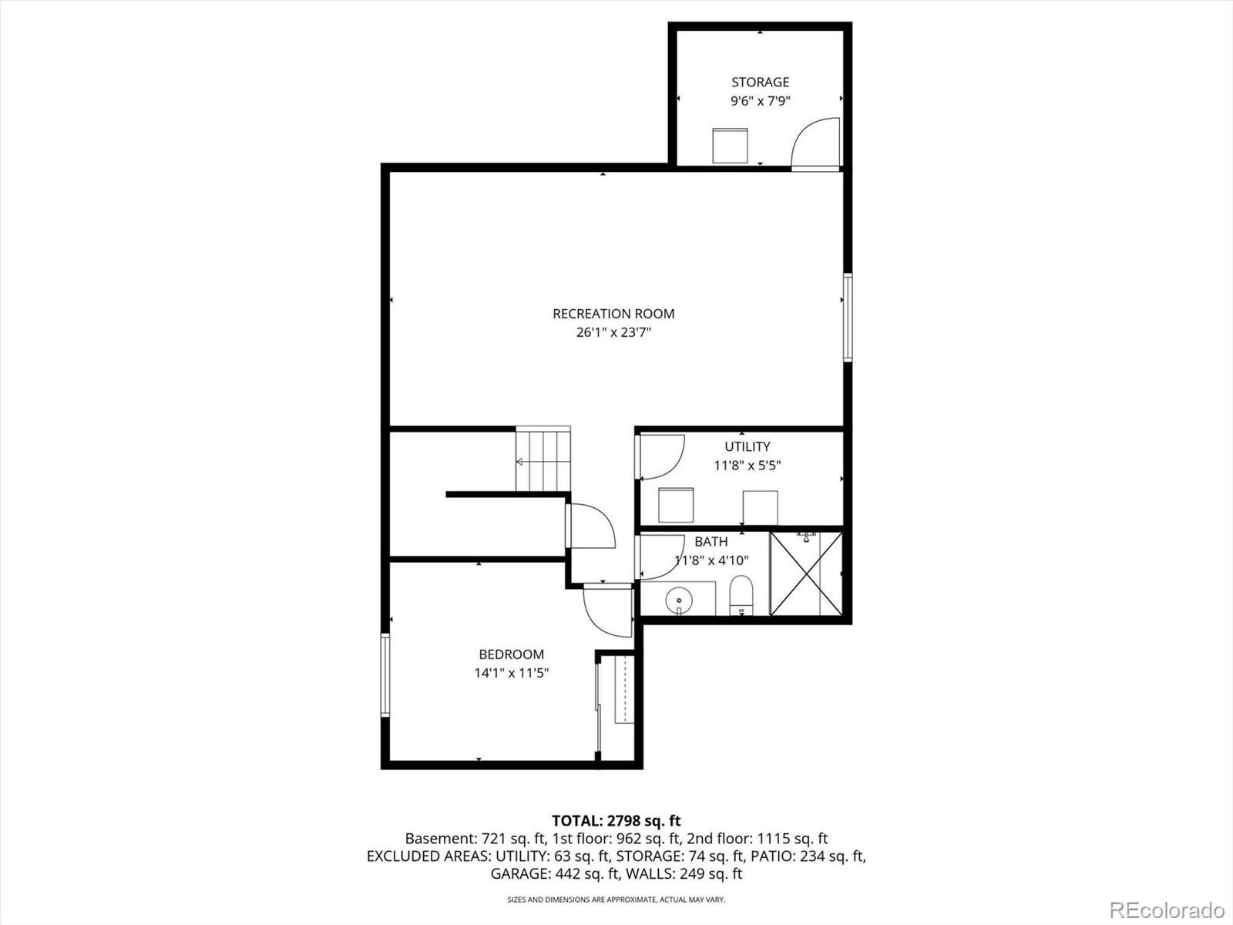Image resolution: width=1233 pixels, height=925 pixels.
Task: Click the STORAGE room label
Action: (760, 82)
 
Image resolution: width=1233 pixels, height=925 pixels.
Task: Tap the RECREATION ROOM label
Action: (613, 314)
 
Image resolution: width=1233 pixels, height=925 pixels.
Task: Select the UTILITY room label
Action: (747, 446)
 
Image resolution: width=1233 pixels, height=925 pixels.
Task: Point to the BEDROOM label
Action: (511, 654)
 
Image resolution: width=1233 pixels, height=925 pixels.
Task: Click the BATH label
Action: (711, 542)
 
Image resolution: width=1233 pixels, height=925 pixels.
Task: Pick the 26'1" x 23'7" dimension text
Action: (613, 333)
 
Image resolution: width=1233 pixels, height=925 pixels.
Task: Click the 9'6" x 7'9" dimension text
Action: (760, 101)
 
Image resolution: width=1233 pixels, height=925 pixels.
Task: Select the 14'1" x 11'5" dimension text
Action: (511, 673)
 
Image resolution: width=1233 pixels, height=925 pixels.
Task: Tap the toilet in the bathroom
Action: (740, 595)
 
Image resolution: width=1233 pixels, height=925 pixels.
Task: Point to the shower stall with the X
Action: (806, 573)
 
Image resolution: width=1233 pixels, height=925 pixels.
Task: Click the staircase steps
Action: (543, 460)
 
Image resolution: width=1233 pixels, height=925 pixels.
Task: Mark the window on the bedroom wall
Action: (385, 675)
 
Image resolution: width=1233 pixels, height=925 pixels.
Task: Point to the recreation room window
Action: (848, 317)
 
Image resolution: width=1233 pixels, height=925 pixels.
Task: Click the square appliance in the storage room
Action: (730, 146)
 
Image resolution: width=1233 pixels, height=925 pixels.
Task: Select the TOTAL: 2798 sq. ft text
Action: (616, 820)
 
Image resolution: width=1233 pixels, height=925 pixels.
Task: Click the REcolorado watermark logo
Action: (1166, 910)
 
